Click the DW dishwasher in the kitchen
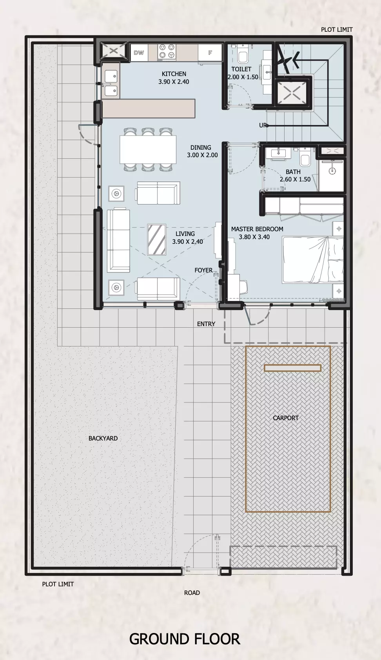[139, 53]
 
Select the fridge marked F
[210, 53]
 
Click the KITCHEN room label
[174, 74]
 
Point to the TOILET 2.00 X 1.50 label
[243, 73]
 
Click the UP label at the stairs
[263, 125]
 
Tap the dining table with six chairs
[148, 149]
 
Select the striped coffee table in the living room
[156, 239]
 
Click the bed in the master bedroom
[313, 260]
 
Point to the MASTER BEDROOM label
[257, 229]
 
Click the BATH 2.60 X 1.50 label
[295, 175]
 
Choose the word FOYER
[203, 270]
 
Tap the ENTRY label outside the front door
[206, 324]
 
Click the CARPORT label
[285, 418]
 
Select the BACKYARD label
[103, 438]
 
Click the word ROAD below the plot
[192, 593]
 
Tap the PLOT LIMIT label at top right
[336, 29]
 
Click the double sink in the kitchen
[111, 84]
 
